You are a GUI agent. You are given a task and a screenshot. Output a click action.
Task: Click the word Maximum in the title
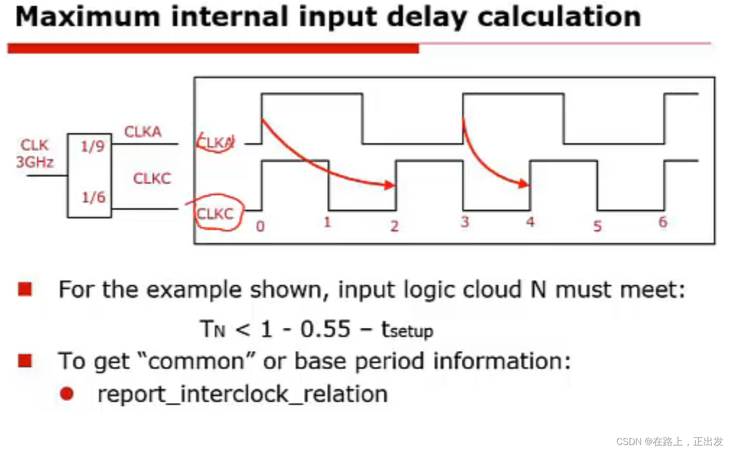[88, 17]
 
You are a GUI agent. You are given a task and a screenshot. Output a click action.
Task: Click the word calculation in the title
[559, 17]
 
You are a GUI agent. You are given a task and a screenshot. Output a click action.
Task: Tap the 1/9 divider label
[92, 146]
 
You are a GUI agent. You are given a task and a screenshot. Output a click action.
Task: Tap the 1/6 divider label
[93, 197]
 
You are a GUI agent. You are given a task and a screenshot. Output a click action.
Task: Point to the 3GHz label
[35, 162]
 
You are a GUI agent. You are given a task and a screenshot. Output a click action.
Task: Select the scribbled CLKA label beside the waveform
[216, 142]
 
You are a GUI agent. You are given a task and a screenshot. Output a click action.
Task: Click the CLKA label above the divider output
[143, 132]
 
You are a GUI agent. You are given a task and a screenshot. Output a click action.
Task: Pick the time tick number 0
[260, 226]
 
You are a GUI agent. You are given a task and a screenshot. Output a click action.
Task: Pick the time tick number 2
[395, 226]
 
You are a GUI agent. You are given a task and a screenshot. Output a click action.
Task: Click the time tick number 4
[530, 222]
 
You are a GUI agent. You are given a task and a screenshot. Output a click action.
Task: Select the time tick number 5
[598, 226]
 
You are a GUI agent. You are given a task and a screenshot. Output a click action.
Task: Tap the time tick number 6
[663, 222]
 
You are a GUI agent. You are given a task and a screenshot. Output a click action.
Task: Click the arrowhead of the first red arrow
[390, 185]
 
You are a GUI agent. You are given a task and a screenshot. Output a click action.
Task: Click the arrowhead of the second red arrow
[524, 184]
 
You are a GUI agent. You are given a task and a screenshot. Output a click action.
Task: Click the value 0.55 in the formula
[325, 329]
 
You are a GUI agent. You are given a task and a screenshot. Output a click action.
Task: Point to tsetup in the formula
[407, 329]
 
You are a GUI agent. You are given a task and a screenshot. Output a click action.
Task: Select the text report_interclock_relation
[243, 394]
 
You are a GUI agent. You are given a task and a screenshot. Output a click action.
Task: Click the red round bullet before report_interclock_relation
[67, 393]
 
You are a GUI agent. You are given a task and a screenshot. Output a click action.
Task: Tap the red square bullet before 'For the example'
[25, 289]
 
